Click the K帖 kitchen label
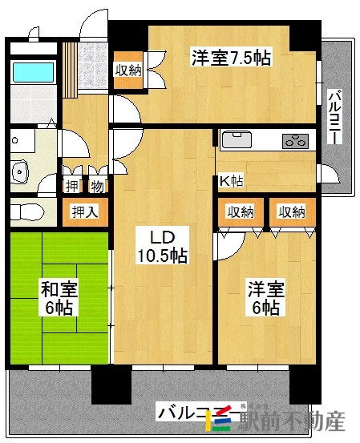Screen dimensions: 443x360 coord(232,181)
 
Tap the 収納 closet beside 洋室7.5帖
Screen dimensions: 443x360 coord(128,69)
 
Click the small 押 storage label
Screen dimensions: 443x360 coord(71,186)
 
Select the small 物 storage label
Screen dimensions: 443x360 coord(97,186)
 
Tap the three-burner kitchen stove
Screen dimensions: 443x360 coord(293,141)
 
